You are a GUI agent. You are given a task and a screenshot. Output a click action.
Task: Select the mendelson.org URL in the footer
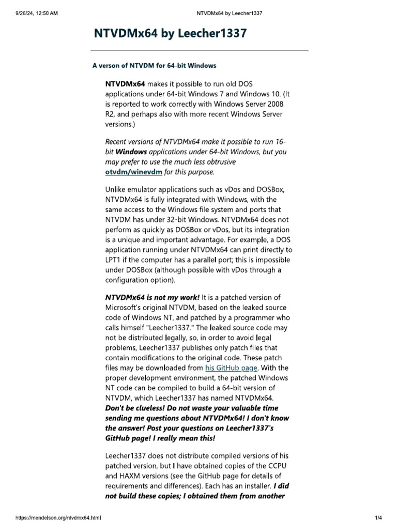(x=58, y=518)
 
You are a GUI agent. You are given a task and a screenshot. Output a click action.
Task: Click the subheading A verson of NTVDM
(x=154, y=66)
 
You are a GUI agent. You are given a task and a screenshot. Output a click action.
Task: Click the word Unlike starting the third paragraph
(x=116, y=189)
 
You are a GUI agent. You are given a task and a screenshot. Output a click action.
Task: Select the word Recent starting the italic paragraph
(x=117, y=142)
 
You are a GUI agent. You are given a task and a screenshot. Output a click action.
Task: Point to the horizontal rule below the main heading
(x=200, y=50)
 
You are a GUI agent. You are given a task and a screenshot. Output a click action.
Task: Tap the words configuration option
(x=139, y=279)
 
